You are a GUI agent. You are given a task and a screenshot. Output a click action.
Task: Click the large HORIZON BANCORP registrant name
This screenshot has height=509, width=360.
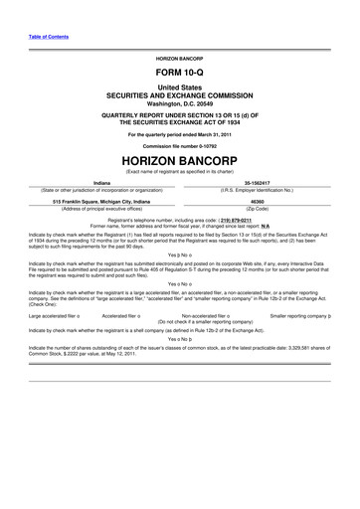coord(179,158)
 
